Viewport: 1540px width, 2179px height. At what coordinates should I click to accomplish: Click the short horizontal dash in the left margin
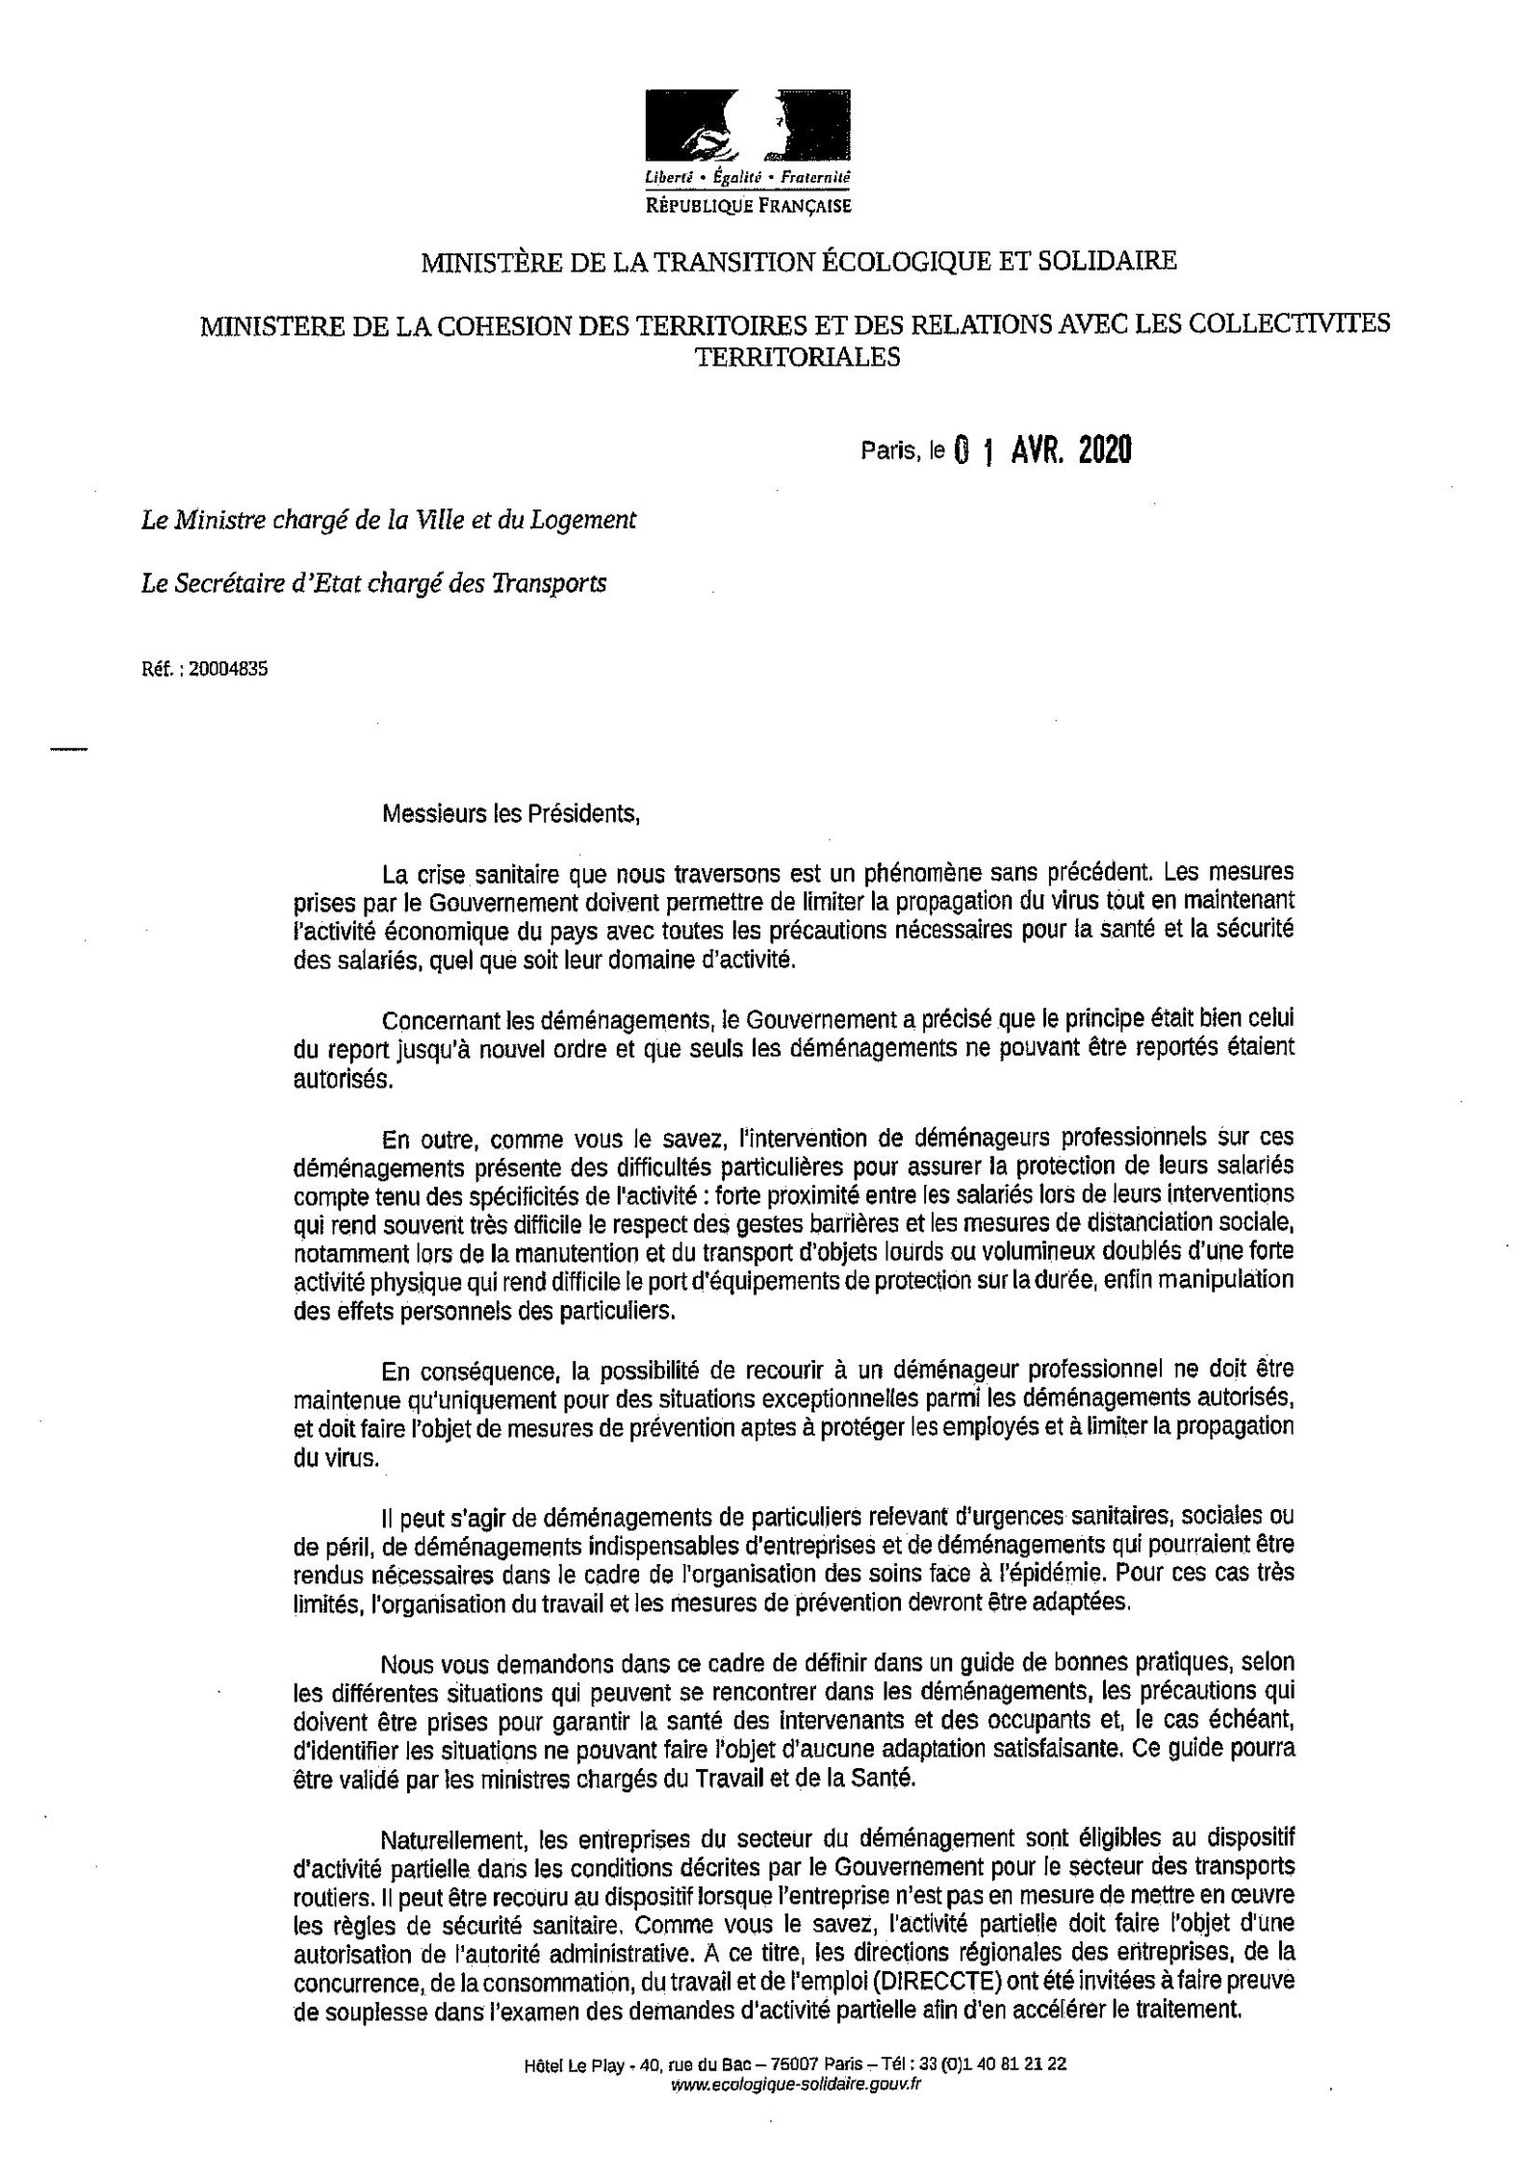click(67, 748)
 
